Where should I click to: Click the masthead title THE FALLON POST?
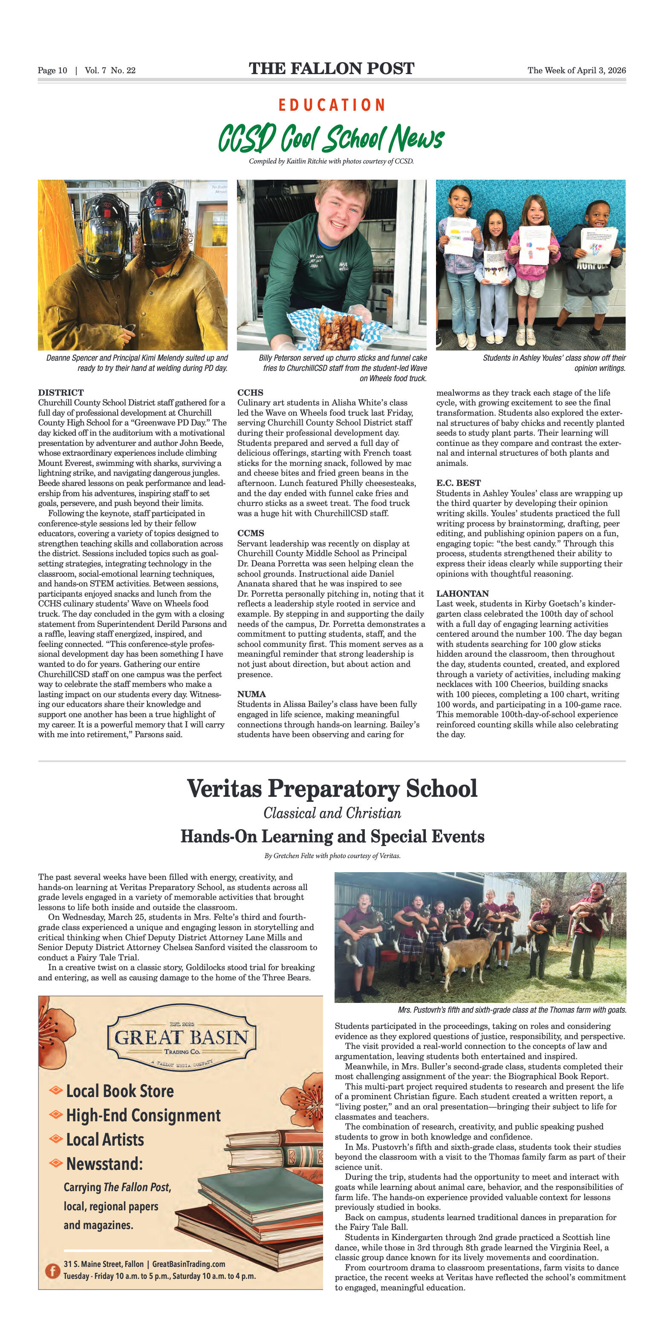[x=332, y=69]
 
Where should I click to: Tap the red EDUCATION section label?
[x=332, y=105]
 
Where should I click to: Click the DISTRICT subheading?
[x=61, y=393]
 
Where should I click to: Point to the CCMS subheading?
[x=251, y=533]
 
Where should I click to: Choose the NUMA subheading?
[x=251, y=694]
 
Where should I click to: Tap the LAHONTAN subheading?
[x=462, y=593]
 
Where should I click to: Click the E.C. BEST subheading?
[x=458, y=483]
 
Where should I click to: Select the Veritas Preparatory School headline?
[x=332, y=788]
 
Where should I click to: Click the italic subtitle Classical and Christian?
[x=332, y=813]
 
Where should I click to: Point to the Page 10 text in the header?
[x=52, y=71]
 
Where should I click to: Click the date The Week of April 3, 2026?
[x=576, y=71]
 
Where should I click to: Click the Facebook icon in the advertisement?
[x=52, y=1270]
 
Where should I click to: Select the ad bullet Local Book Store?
[x=120, y=1091]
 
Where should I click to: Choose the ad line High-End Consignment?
[x=143, y=1115]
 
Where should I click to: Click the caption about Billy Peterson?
[x=342, y=368]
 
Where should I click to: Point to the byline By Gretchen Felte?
[x=332, y=856]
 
